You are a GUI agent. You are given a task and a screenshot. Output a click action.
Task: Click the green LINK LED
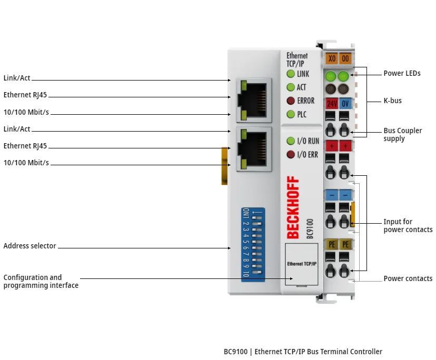pyautogui.click(x=290, y=74)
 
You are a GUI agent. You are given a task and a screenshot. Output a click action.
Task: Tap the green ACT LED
pyautogui.click(x=290, y=87)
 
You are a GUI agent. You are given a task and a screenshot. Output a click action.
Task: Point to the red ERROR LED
pyautogui.click(x=290, y=101)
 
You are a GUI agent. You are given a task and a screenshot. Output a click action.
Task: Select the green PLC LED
pyautogui.click(x=290, y=114)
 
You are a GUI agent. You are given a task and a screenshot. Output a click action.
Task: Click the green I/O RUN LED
pyautogui.click(x=290, y=141)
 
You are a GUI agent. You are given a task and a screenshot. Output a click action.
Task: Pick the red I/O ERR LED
pyautogui.click(x=290, y=154)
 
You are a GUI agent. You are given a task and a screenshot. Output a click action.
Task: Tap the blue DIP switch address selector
pyautogui.click(x=253, y=244)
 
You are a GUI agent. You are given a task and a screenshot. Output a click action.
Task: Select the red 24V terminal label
pyautogui.click(x=332, y=103)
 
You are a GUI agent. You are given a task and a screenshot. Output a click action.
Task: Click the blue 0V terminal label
pyautogui.click(x=345, y=103)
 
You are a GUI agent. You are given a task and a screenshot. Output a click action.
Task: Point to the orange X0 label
pyautogui.click(x=332, y=58)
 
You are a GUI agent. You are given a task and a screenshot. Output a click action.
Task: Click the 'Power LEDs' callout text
pyautogui.click(x=402, y=74)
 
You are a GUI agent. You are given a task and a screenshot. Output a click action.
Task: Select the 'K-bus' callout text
pyautogui.click(x=392, y=101)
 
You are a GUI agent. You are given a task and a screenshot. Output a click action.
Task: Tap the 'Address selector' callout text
pyautogui.click(x=29, y=246)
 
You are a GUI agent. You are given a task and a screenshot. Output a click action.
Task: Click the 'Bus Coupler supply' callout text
pyautogui.click(x=402, y=135)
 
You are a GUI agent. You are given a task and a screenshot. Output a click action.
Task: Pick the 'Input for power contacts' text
pyautogui.click(x=408, y=226)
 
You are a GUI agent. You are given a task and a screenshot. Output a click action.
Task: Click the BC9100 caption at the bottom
pyautogui.click(x=303, y=352)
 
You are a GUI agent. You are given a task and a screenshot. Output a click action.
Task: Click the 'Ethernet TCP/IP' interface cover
pyautogui.click(x=302, y=264)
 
